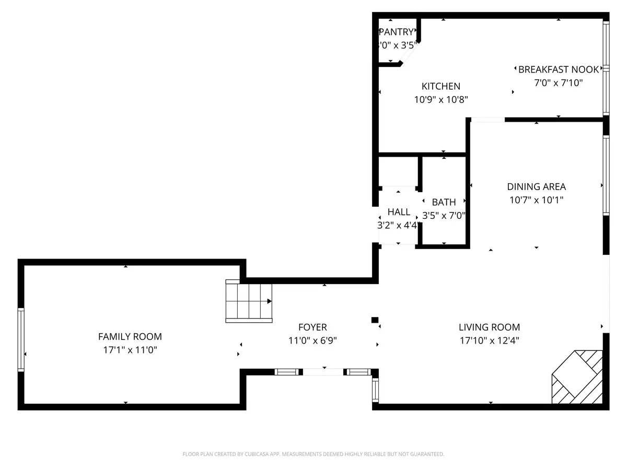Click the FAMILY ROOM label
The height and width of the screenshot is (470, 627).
click(x=130, y=337)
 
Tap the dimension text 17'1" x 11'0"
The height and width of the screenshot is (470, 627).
click(x=130, y=350)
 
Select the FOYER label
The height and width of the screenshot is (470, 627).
click(x=312, y=327)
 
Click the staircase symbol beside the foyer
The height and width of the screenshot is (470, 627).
click(x=249, y=301)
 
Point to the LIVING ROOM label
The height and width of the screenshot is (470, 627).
click(x=489, y=327)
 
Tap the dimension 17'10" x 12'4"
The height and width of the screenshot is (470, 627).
click(x=489, y=340)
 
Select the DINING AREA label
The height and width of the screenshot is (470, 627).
click(x=536, y=186)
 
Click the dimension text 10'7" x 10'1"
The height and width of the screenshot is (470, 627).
click(x=536, y=199)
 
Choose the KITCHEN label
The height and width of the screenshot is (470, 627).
click(x=441, y=86)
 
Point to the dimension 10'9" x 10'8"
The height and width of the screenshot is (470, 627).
click(x=441, y=100)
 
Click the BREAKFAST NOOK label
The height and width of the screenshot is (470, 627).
click(x=559, y=69)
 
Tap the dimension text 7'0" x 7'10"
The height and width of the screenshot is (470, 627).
click(x=559, y=83)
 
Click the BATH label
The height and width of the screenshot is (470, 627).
click(x=444, y=202)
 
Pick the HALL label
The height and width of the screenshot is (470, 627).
click(x=399, y=212)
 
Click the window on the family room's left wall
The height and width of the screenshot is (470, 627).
click(x=21, y=339)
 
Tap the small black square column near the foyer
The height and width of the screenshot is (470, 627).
click(x=374, y=320)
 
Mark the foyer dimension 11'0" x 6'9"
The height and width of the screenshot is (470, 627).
click(x=312, y=340)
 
